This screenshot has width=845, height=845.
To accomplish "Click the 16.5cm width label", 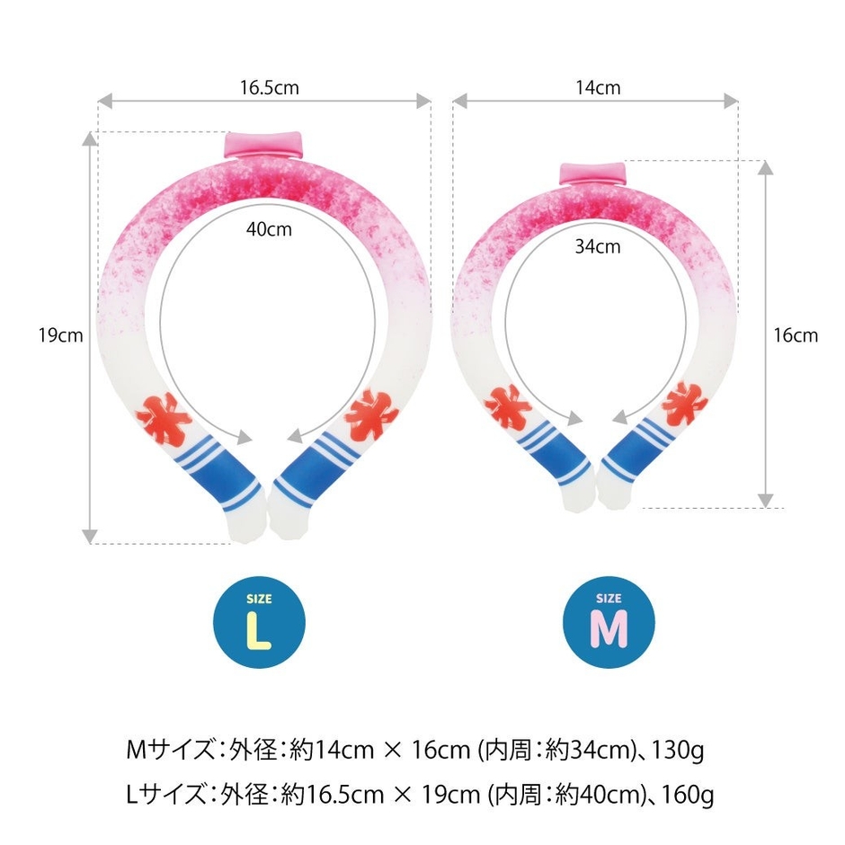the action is pos(270,87).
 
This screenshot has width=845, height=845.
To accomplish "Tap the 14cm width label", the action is pos(598,87).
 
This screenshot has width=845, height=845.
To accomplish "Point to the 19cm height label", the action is pos(60,335).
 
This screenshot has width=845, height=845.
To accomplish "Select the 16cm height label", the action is pos(796,335).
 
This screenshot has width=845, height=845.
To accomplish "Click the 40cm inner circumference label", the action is pos(269,229).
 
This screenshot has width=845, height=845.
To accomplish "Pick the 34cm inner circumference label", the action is pos(598,247).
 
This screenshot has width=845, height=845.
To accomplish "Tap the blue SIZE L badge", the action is pos(259,622).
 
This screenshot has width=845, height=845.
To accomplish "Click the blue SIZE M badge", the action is pos(609,622).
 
